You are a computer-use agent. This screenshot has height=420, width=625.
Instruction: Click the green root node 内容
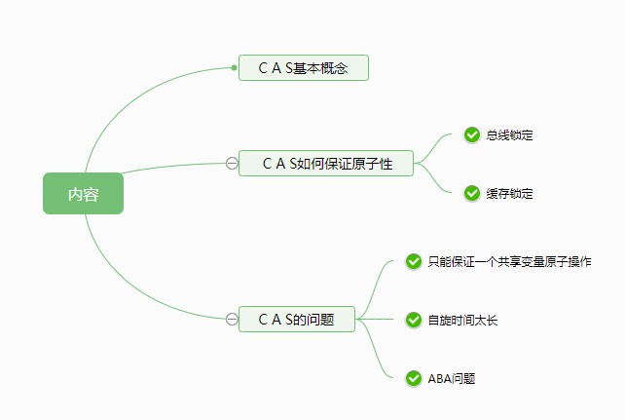83,193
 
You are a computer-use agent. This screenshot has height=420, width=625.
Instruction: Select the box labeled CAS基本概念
304,68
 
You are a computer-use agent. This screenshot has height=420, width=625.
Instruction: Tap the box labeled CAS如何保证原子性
326,163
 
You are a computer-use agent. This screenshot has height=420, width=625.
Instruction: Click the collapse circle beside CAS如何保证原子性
232,163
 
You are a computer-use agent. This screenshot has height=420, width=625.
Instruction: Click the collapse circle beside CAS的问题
232,319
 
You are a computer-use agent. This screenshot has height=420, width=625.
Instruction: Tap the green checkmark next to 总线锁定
472,134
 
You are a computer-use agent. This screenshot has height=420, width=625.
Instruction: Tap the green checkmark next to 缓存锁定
472,193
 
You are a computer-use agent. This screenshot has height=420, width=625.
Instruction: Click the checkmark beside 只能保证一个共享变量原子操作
413,261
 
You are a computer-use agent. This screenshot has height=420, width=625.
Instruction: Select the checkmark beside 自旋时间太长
413,320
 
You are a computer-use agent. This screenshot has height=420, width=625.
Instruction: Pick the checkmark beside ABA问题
413,378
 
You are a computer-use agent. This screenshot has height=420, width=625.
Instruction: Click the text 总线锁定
509,135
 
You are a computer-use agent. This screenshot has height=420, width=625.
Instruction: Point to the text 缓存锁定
509,194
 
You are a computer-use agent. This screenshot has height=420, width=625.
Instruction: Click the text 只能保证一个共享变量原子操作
508,262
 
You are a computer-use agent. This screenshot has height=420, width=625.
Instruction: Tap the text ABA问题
451,379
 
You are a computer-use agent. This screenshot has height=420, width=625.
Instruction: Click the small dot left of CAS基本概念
235,68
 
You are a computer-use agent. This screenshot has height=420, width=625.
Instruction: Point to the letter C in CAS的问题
263,319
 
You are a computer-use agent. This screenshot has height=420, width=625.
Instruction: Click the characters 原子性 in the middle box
373,163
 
